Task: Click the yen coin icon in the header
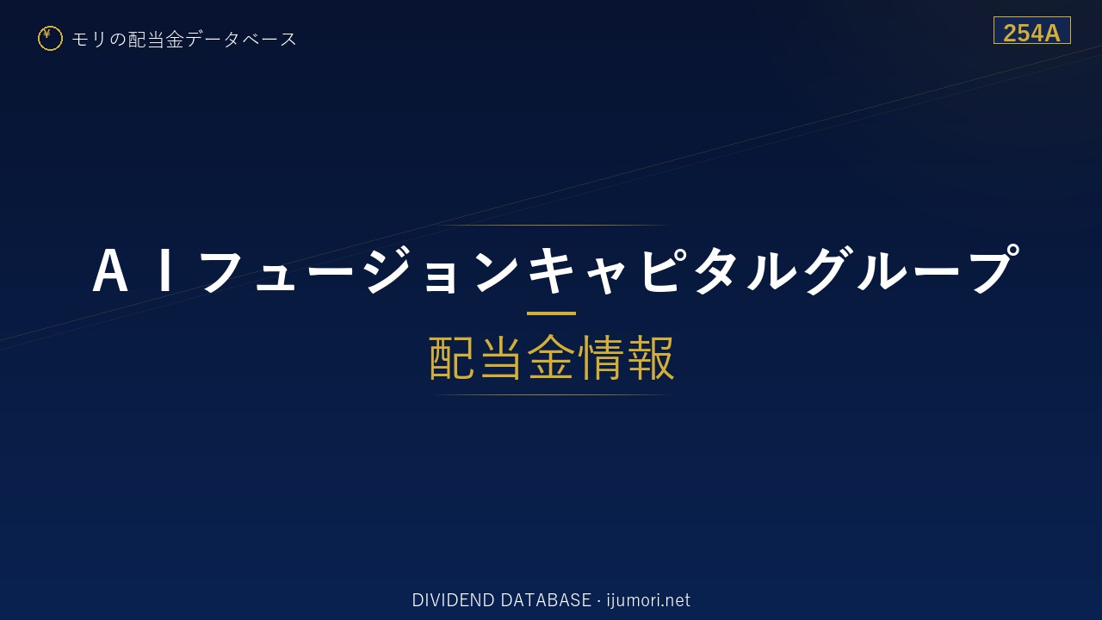click(x=50, y=39)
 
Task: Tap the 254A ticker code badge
click(x=1031, y=30)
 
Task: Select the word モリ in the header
click(x=89, y=40)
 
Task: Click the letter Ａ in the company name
click(x=110, y=270)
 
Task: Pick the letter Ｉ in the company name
click(x=166, y=270)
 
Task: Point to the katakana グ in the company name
click(x=829, y=270)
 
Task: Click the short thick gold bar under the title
click(x=551, y=313)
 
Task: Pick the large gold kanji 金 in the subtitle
click(x=551, y=357)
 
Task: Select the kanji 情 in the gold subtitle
click(x=600, y=357)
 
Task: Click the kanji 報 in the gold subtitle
click(x=649, y=357)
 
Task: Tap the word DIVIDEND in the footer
click(x=453, y=600)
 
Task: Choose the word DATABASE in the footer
click(x=546, y=600)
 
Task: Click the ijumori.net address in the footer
click(x=648, y=600)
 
